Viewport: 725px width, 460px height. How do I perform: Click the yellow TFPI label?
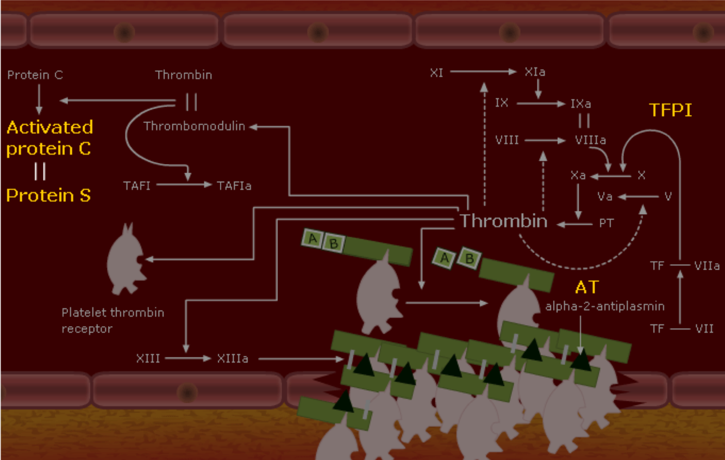pos(671,110)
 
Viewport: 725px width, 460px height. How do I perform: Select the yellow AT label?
pos(586,287)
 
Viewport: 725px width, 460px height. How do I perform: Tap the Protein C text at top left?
pos(35,74)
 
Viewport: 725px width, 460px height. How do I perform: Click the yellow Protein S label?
pos(48,195)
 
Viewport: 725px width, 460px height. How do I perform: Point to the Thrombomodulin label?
pos(194,126)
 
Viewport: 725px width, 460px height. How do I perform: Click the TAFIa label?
pos(234,185)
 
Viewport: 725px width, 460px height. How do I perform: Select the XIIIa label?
pos(233,359)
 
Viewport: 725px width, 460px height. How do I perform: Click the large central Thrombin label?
pos(503,221)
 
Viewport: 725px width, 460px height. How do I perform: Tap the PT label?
pos(606,223)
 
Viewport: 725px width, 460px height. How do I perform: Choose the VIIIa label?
pos(590,140)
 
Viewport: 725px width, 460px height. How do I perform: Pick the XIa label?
pos(535,72)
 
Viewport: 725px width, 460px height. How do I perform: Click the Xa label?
pos(578,176)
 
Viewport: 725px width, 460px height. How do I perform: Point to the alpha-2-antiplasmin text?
pos(605,306)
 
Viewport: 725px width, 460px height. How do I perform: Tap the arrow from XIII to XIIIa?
pos(187,359)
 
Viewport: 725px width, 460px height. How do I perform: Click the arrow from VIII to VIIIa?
pos(546,140)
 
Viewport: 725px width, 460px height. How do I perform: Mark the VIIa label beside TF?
pos(707,266)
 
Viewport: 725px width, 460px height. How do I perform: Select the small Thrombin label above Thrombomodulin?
pos(184,75)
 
